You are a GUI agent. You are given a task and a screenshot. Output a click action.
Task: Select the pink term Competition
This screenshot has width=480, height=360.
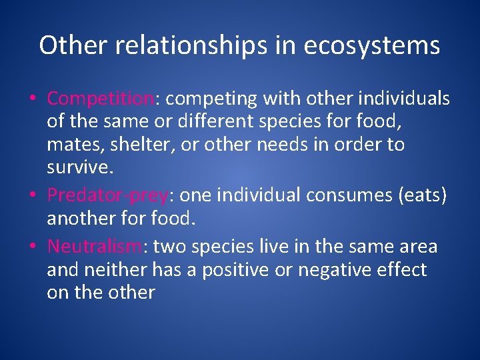pyautogui.click(x=100, y=99)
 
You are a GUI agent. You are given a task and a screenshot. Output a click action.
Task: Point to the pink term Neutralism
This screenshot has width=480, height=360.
pyautogui.click(x=94, y=247)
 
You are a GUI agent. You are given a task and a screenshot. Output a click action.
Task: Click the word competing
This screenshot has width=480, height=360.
pyautogui.click(x=211, y=99)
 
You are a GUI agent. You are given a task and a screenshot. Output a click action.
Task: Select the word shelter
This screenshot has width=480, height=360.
pyautogui.click(x=123, y=145)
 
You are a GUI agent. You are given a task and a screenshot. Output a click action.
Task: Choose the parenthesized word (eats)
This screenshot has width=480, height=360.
pyautogui.click(x=423, y=195)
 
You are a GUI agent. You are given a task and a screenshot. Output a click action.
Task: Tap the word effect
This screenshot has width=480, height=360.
pyautogui.click(x=403, y=269)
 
